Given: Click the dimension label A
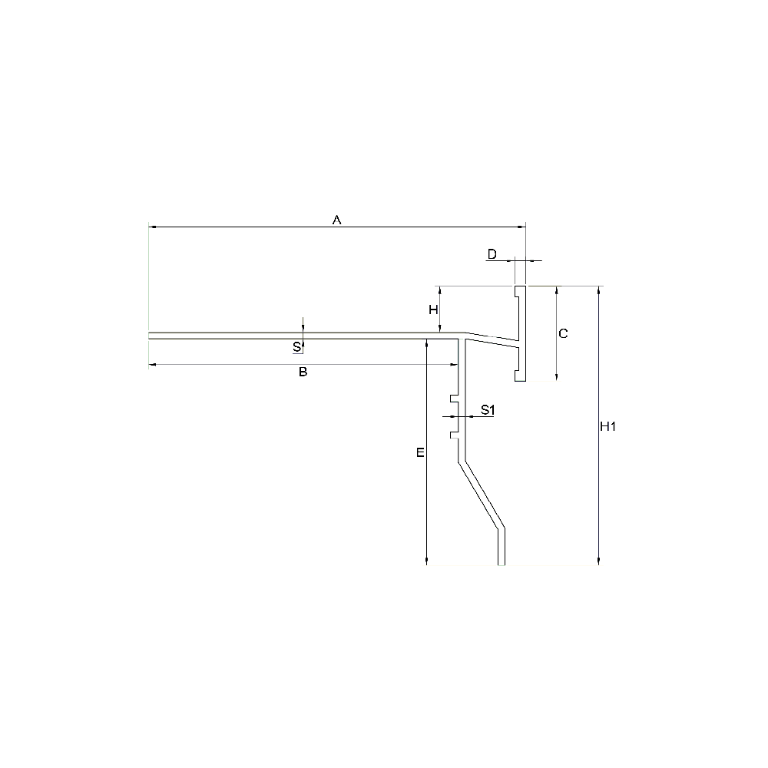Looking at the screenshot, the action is coord(336,220).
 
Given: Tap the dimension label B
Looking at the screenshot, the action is coord(303,372).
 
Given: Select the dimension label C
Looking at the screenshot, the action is coord(563,333).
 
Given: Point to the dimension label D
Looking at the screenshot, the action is coord(492,253).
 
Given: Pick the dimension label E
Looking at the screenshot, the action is coord(420,453).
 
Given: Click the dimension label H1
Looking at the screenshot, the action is coord(607,426).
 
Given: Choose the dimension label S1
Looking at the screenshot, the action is coord(488,409).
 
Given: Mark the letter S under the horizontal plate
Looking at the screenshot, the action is coord(296,347).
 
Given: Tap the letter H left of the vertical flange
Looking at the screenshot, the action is coord(433,310).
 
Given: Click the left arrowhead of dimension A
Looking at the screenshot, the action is coord(152,227).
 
